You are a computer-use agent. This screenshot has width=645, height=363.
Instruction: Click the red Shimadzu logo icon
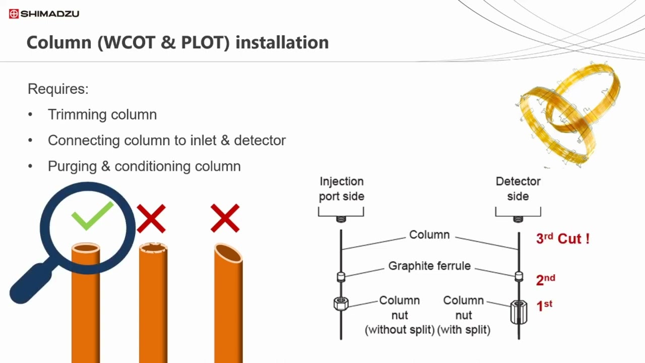click(14, 14)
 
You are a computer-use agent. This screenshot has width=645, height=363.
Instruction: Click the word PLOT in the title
click(205, 42)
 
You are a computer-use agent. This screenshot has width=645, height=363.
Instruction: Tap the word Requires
click(58, 89)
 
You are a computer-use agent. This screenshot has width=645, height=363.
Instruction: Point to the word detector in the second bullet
click(260, 141)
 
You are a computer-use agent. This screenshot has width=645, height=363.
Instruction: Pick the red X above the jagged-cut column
click(151, 218)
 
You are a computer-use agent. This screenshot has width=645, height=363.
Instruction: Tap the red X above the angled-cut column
click(225, 218)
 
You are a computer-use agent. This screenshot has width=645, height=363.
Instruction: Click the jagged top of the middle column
click(153, 248)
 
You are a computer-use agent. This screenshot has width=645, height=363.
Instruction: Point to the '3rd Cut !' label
click(563, 238)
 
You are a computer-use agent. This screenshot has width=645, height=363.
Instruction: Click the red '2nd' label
click(545, 280)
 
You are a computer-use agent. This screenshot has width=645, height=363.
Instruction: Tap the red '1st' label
click(544, 306)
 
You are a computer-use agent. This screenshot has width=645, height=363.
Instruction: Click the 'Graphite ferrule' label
click(429, 266)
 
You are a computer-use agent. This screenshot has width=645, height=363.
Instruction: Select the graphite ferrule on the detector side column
click(519, 276)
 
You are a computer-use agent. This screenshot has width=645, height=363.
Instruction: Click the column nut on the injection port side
click(341, 304)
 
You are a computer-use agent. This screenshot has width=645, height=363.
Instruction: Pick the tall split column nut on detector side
click(519, 312)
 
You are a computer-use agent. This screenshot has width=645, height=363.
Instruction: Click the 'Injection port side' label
click(342, 189)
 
